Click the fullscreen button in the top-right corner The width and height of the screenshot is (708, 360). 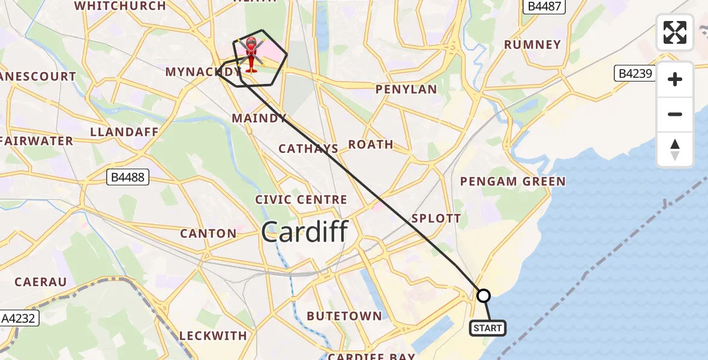point(675,32)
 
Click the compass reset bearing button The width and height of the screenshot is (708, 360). point(675,149)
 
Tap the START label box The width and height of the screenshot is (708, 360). point(487,328)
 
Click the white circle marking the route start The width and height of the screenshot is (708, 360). point(484,295)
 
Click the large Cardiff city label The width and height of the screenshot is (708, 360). point(304,232)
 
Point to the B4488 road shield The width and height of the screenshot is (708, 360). point(127,178)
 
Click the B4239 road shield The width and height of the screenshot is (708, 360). point(636,74)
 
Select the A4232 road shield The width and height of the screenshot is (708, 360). point(19,319)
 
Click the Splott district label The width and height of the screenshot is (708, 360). point(436,218)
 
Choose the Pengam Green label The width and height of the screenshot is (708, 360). point(512,181)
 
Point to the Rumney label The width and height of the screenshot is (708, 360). point(532,44)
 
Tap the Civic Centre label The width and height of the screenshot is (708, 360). point(301,200)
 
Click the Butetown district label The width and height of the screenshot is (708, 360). point(344,316)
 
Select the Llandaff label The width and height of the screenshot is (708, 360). point(124,132)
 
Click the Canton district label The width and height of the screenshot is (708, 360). point(209,233)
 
